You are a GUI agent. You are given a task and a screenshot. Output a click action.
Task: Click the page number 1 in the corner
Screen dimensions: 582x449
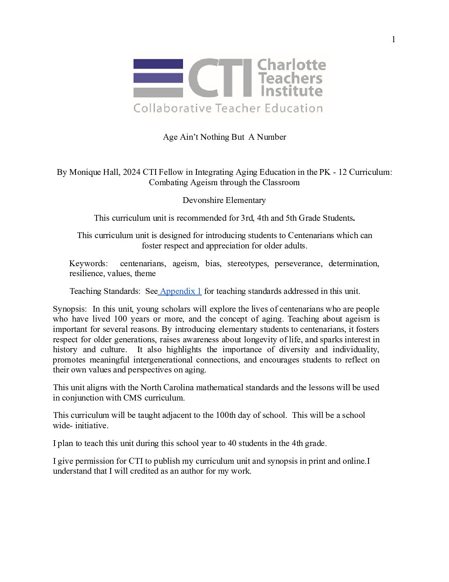pos(393,40)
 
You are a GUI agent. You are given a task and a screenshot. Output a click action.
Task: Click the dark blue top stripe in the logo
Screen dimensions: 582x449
pos(158,64)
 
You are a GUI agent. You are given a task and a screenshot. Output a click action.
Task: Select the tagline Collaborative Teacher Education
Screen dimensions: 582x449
pos(228,108)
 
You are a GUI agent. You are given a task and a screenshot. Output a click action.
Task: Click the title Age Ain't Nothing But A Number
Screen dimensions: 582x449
pos(224,137)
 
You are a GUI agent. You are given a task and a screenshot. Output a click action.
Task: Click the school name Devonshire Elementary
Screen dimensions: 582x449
pos(224,200)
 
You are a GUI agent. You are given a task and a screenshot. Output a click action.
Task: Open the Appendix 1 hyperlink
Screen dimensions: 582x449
pos(180,291)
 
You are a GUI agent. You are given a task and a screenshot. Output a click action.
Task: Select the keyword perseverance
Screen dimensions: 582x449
pos(298,264)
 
